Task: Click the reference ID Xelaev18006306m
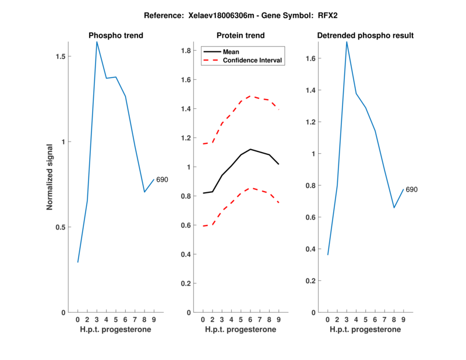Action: [x=216, y=15]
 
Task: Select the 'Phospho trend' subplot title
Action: [x=115, y=36]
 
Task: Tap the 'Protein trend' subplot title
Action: [x=241, y=36]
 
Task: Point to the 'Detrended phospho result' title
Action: [x=365, y=36]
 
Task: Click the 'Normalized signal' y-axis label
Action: [x=51, y=176]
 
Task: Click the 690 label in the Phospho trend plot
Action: [x=162, y=180]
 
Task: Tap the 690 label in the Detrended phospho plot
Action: [x=412, y=189]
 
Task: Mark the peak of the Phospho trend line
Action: [x=97, y=41]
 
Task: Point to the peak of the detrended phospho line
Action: [x=347, y=41]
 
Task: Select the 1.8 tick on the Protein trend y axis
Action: [x=186, y=51]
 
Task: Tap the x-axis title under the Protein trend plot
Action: [x=241, y=329]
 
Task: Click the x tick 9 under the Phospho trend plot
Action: [x=154, y=319]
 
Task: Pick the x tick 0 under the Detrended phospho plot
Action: [x=328, y=319]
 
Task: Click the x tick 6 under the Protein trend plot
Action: [x=250, y=319]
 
